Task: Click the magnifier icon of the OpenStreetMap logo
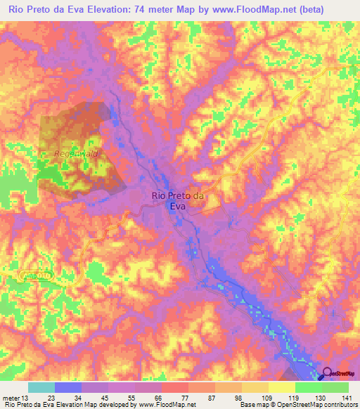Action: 327,374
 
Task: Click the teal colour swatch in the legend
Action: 41,387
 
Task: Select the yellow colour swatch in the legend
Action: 282,387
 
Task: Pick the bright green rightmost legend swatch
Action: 335,387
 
